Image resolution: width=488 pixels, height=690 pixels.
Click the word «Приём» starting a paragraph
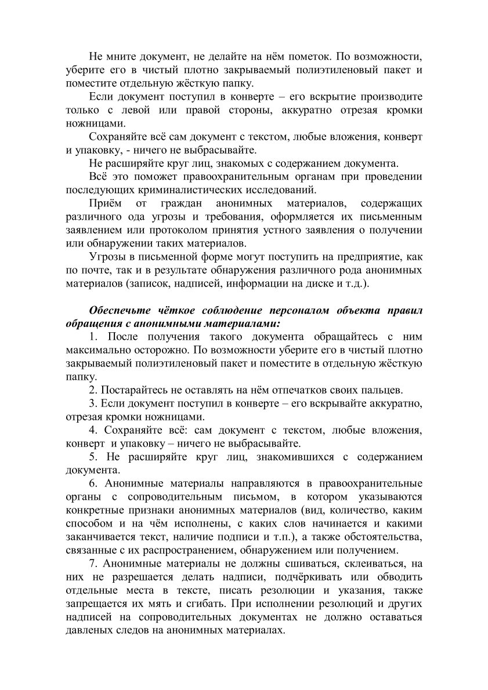point(104,204)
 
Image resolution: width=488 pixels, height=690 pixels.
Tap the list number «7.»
point(93,562)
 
